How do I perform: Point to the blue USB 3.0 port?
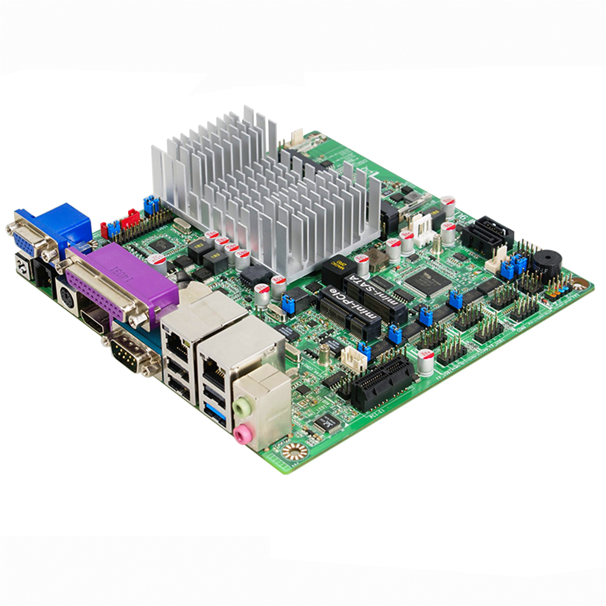click(213, 413)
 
